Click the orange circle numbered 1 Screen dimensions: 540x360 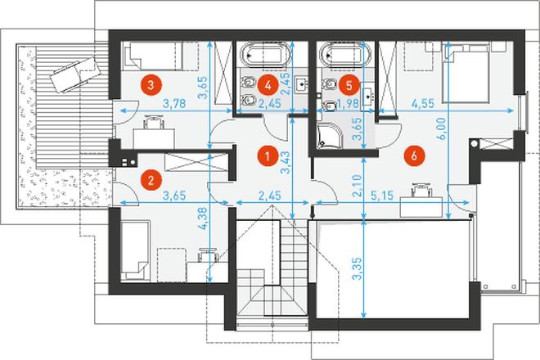click(268, 155)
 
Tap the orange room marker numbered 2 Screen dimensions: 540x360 click(151, 179)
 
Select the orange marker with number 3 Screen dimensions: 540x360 click(151, 85)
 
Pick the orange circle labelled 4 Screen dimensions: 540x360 click(268, 85)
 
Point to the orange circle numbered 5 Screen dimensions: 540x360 click(349, 85)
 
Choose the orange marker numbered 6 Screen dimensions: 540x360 click(414, 155)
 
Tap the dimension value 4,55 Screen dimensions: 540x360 click(423, 103)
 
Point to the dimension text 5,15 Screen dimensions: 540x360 click(381, 196)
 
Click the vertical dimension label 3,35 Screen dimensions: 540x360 click(358, 268)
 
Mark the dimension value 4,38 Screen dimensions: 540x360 click(203, 218)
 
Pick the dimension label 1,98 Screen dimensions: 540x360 click(348, 103)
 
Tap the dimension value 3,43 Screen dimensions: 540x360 click(286, 163)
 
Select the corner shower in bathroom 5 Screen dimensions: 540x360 click(330, 137)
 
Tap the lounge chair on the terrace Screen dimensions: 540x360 click(74, 74)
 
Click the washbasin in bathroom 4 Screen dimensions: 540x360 click(302, 83)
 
